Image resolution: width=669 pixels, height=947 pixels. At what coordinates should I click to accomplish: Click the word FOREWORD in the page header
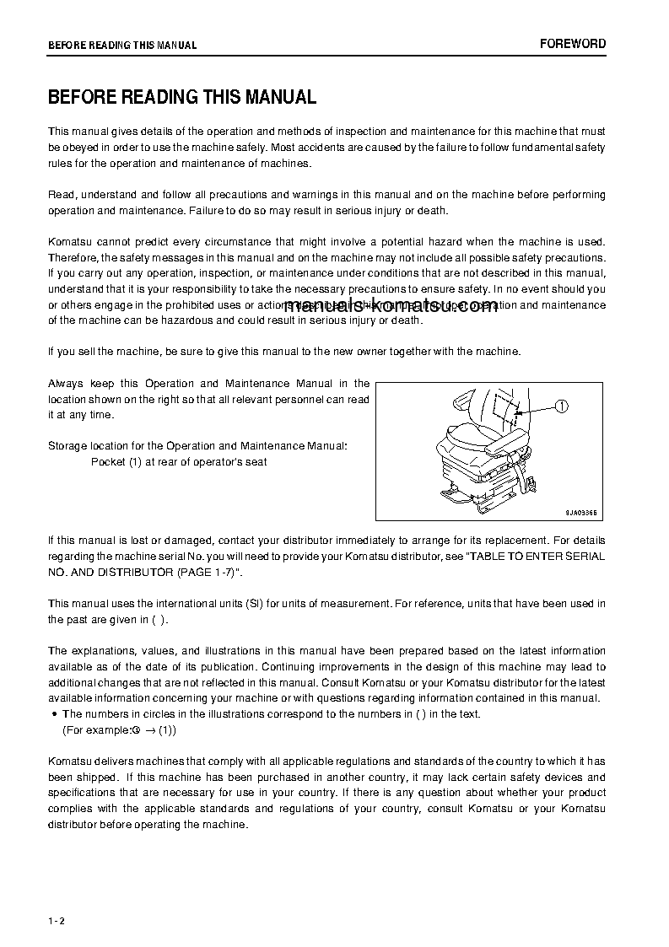[572, 44]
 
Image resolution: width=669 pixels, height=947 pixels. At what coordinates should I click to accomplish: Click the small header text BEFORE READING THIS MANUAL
[122, 46]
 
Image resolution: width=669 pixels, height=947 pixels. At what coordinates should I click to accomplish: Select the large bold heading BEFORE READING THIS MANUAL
[182, 97]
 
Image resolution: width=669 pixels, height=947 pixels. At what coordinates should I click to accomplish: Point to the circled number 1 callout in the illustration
[563, 406]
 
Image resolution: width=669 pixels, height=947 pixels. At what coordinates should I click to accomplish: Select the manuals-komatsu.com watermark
[392, 307]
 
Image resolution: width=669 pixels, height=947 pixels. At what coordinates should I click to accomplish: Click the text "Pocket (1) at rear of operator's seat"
[179, 462]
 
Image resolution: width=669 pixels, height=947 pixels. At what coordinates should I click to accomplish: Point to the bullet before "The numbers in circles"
[54, 714]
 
